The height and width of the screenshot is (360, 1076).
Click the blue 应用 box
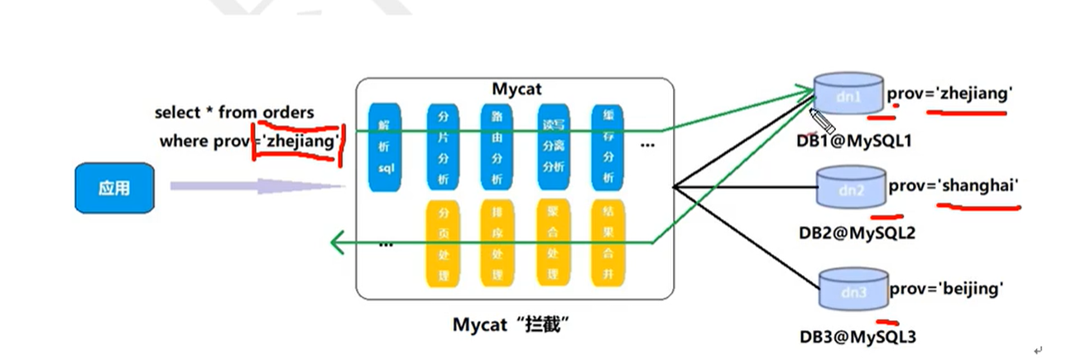pos(114,188)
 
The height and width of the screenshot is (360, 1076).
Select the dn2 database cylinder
pos(850,190)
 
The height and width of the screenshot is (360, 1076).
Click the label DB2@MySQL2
pos(857,232)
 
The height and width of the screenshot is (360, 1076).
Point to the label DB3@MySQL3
pos(857,336)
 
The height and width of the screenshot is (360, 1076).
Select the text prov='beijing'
pos(946,289)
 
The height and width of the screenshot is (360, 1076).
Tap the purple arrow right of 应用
pos(257,187)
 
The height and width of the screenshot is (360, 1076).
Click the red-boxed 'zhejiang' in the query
pos(300,141)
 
